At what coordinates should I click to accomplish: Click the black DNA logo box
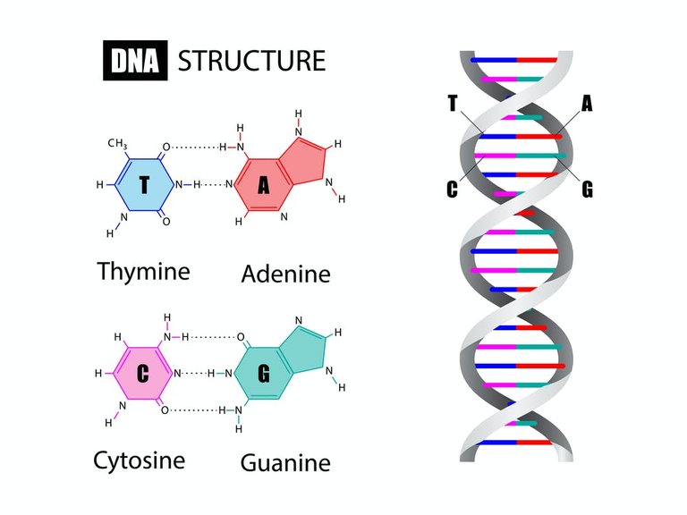[135, 61]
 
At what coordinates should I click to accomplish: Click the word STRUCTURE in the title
[251, 61]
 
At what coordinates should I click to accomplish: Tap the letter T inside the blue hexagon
[144, 184]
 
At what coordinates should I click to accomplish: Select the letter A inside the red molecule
[263, 185]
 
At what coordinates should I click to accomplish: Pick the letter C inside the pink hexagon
[142, 374]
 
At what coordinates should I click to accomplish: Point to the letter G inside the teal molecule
[263, 374]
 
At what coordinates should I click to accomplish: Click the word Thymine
[144, 271]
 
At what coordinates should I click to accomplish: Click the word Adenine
[285, 274]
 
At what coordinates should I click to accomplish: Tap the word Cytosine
[140, 461]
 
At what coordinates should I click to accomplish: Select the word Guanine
[285, 463]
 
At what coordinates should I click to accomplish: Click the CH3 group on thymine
[117, 144]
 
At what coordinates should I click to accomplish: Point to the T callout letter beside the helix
[453, 104]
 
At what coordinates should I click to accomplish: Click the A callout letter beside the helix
[587, 104]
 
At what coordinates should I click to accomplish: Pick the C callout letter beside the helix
[452, 190]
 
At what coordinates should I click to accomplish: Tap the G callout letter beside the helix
[587, 190]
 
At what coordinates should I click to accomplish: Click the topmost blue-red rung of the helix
[514, 60]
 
